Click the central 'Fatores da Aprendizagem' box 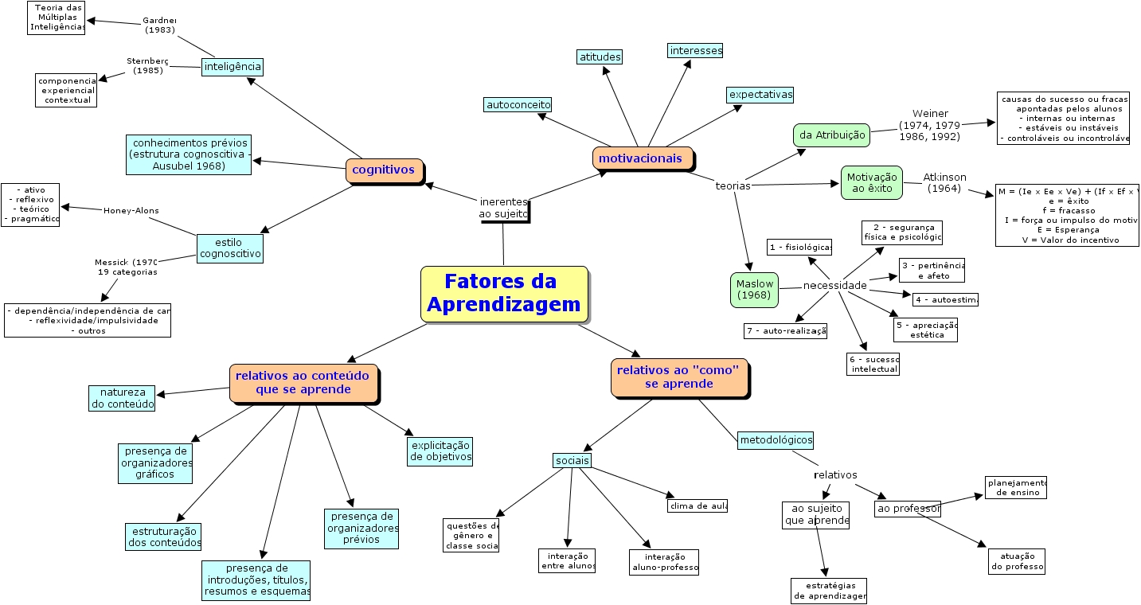[x=504, y=294]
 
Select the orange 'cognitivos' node [x=384, y=170]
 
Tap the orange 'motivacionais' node [x=641, y=158]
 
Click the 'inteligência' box [x=232, y=67]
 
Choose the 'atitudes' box [x=600, y=57]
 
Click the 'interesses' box [x=695, y=51]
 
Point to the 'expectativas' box [x=760, y=95]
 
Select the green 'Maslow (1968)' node [x=753, y=290]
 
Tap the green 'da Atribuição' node [x=831, y=135]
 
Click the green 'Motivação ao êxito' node [x=871, y=183]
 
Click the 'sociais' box [x=572, y=461]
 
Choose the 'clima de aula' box [x=697, y=505]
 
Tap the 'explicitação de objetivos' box [x=440, y=451]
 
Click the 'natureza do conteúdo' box [x=121, y=398]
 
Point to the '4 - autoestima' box [x=945, y=300]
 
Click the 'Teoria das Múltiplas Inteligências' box [x=56, y=18]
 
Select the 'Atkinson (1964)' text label [x=944, y=182]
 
